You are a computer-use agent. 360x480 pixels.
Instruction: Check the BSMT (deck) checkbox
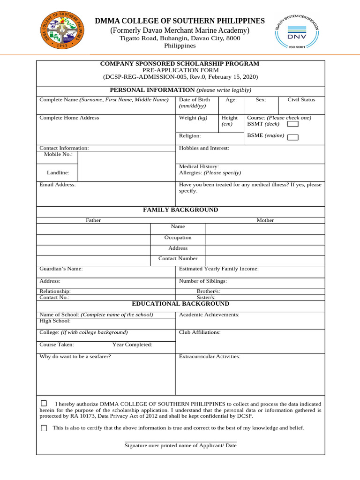pyautogui.click(x=292, y=125)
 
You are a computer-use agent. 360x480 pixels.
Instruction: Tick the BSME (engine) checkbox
pyautogui.click(x=292, y=137)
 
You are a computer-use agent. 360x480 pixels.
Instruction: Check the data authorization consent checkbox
pyautogui.click(x=44, y=403)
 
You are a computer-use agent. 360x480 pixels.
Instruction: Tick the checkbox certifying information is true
pyautogui.click(x=44, y=428)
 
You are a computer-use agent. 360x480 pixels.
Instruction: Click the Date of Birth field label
pyautogui.click(x=195, y=100)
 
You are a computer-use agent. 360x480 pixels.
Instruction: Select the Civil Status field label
pyautogui.click(x=301, y=100)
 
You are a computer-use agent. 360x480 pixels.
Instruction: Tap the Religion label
pyautogui.click(x=190, y=136)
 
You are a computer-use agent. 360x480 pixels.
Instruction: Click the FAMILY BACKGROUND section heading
pyautogui.click(x=180, y=210)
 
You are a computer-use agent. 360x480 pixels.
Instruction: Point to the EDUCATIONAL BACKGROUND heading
pyautogui.click(x=180, y=304)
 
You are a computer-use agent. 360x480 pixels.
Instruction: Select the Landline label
pyautogui.click(x=58, y=173)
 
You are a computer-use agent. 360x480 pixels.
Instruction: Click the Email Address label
pyautogui.click(x=58, y=185)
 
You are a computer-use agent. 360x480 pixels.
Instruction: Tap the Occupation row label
pyautogui.click(x=178, y=238)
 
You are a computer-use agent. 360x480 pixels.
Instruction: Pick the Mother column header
pyautogui.click(x=265, y=220)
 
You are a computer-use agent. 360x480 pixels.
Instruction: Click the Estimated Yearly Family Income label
pyautogui.click(x=218, y=269)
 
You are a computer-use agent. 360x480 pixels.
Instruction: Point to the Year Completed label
pyautogui.click(x=132, y=345)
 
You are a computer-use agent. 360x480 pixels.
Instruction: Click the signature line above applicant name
pyautogui.click(x=180, y=441)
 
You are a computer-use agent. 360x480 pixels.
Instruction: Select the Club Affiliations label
pyautogui.click(x=200, y=332)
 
